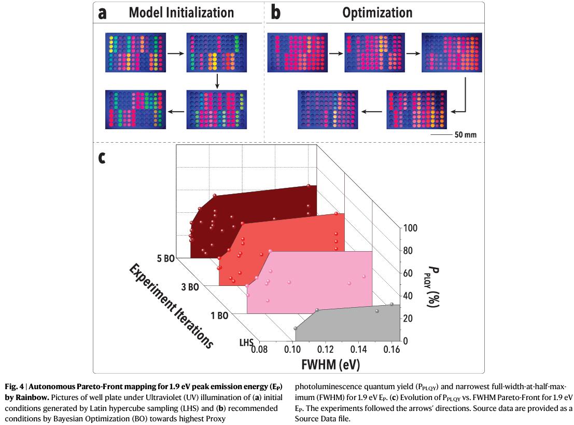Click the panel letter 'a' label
pyautogui.click(x=103, y=13)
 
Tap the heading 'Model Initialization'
pyautogui.click(x=181, y=12)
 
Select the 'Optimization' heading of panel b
pyautogui.click(x=377, y=12)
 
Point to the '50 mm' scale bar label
pyautogui.click(x=465, y=134)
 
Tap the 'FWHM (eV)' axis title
pyautogui.click(x=330, y=364)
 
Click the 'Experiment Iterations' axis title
pyautogui.click(x=171, y=306)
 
